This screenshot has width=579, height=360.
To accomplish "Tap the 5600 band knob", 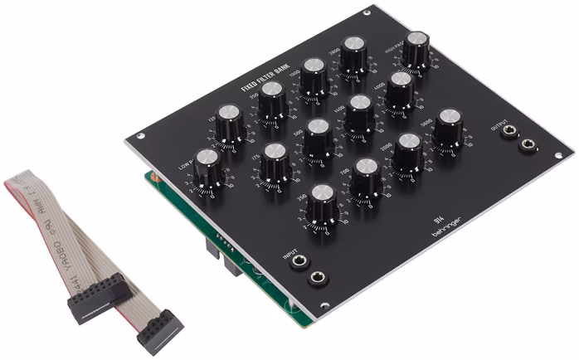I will (448, 120).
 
